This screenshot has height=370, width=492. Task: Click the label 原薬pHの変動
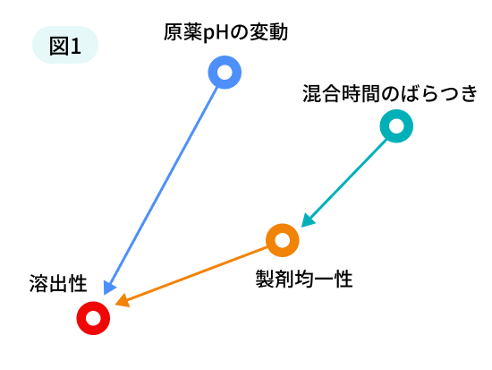pos(225,32)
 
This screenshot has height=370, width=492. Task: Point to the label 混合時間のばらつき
pos(389,93)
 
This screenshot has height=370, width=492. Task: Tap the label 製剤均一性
pos(304,279)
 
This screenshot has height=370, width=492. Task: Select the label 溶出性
pos(58,284)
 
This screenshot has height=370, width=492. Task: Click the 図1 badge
pos(65,45)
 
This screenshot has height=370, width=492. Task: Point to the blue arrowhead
pos(109,288)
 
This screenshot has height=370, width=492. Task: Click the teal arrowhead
pos(308,220)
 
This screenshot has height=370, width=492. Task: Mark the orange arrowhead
pos(123,301)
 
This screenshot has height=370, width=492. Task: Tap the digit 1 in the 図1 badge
pos(75,47)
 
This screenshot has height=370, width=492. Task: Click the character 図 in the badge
pos(59,46)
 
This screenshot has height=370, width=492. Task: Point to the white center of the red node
pos(93,318)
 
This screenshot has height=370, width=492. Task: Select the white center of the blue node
pos(225,73)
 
